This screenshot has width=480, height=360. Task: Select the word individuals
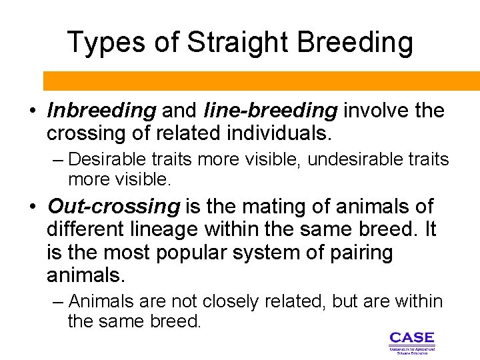point(277,133)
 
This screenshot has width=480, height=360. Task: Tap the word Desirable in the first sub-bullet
point(107,160)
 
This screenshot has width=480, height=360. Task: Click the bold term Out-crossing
point(113,207)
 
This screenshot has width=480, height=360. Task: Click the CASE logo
point(411,341)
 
